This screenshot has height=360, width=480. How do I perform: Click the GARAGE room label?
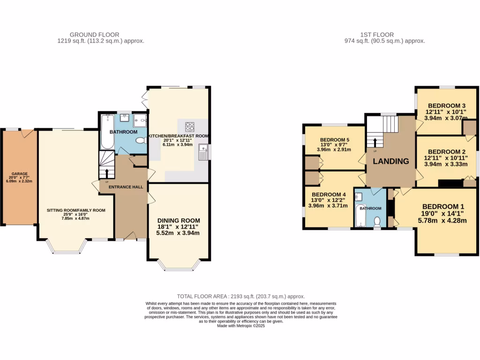pyautogui.click(x=19, y=173)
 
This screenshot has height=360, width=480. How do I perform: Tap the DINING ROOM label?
pyautogui.click(x=179, y=220)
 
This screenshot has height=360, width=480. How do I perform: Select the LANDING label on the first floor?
pyautogui.click(x=390, y=161)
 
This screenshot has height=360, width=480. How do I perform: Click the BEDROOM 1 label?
pyautogui.click(x=443, y=207)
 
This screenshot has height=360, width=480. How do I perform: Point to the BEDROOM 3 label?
pyautogui.click(x=446, y=105)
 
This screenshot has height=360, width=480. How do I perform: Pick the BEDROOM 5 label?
pyautogui.click(x=335, y=140)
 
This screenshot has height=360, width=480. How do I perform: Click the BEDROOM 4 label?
pyautogui.click(x=329, y=195)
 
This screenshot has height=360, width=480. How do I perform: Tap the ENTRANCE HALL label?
pyautogui.click(x=126, y=187)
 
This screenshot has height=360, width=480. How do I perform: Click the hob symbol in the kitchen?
pyautogui.click(x=190, y=126)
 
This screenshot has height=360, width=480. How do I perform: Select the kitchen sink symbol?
pyautogui.click(x=203, y=152)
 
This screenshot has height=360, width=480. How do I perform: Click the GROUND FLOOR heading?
pyautogui.click(x=94, y=35)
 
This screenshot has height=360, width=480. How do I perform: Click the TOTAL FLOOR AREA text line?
pyautogui.click(x=240, y=296)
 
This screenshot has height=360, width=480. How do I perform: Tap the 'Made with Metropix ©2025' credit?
pyautogui.click(x=240, y=326)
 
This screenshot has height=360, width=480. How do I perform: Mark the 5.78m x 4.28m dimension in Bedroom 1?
pyautogui.click(x=443, y=221)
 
